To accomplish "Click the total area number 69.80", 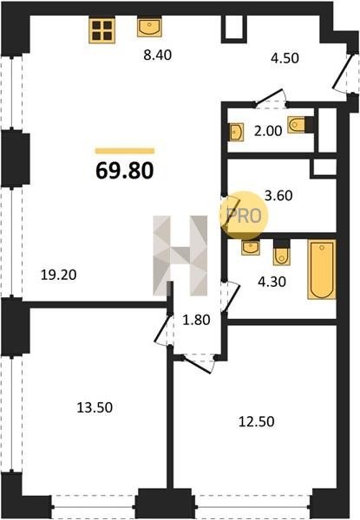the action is tap(125, 171).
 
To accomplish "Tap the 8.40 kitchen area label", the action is tap(158, 55).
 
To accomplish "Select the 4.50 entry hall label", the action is tap(285, 58).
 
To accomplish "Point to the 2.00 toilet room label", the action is tap(268, 131).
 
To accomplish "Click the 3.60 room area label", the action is tap(278, 195).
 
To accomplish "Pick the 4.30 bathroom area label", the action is tap(272, 282).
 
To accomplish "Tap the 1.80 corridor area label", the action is tap(197, 320).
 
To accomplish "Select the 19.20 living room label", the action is tap(58, 275).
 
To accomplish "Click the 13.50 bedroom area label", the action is tap(95, 407).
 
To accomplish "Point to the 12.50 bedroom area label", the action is tap(257, 422).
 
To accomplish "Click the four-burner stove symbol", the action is tap(102, 30).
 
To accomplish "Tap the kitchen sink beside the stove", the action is tap(150, 27).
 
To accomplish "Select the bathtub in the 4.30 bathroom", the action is tap(322, 270).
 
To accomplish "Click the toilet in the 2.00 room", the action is tap(300, 125).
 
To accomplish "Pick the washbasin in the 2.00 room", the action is tap(236, 132).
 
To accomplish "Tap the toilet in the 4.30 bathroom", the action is tap(282, 253).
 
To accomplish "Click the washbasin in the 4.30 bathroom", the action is tap(251, 247).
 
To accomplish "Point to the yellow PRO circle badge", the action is tap(245, 216).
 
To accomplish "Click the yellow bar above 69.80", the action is tap(125, 151).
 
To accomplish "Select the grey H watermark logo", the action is tap(180, 256).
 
